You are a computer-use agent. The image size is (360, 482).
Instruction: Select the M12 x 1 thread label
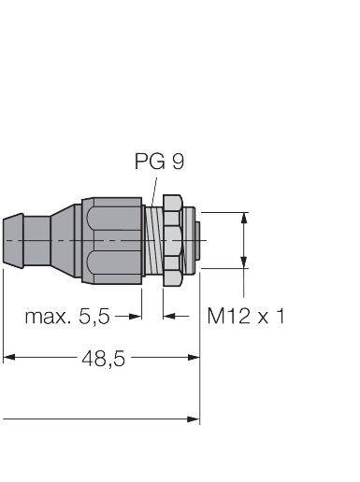click(x=246, y=317)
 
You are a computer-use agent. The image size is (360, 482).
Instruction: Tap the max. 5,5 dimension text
click(x=67, y=317)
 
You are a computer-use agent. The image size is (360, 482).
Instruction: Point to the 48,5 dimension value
click(x=103, y=358)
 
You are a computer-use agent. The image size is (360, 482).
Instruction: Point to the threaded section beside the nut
click(x=155, y=240)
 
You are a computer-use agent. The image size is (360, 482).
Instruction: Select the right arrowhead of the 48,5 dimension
click(x=194, y=357)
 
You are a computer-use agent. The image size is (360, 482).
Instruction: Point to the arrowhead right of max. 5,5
click(x=137, y=317)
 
